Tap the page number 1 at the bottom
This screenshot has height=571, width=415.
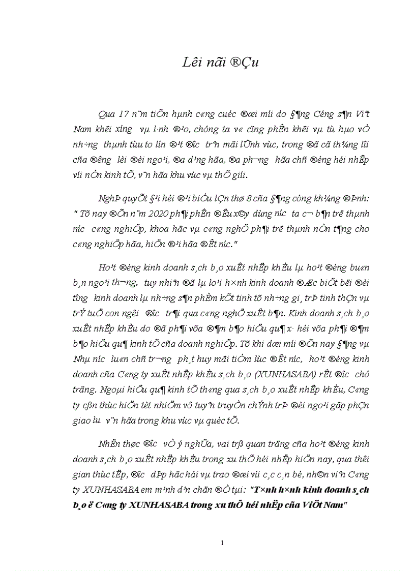coord(222,544)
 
